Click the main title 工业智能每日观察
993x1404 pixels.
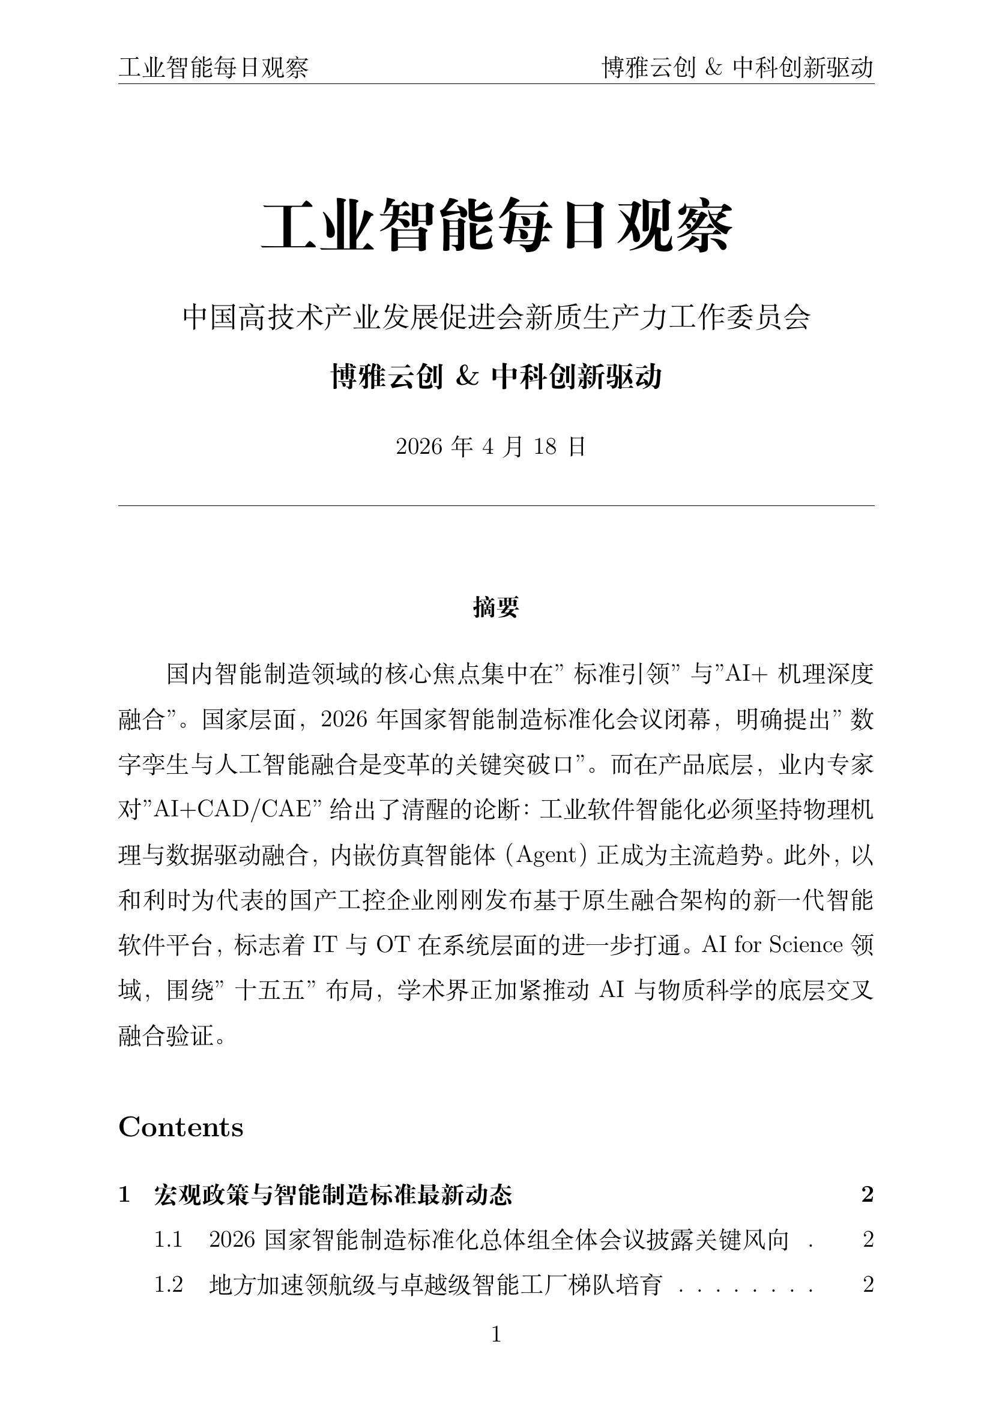tap(496, 226)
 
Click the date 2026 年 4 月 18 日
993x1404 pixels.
tap(491, 447)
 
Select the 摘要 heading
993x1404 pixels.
tap(496, 607)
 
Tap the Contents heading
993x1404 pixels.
tap(181, 1128)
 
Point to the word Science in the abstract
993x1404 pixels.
tap(806, 945)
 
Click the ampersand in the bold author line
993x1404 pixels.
tap(467, 377)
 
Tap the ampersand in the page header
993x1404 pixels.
tap(714, 68)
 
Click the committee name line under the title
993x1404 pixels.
tap(496, 318)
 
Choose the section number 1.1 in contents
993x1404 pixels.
tap(168, 1240)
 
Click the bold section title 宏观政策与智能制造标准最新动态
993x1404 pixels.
tap(333, 1195)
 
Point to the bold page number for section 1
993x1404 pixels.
tap(867, 1195)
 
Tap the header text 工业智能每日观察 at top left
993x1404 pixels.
tap(213, 68)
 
